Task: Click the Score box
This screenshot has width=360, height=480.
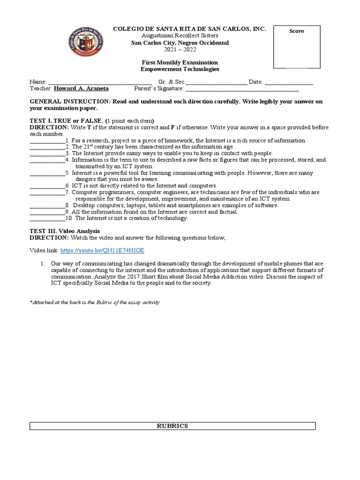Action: point(297,47)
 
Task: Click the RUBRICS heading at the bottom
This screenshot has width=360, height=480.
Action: point(172,426)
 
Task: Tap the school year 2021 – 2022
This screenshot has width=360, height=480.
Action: point(180,49)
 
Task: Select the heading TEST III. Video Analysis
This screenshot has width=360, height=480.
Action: point(65,231)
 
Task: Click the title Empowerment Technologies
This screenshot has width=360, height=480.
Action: point(180,69)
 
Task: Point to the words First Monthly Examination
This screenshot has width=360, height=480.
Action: point(180,62)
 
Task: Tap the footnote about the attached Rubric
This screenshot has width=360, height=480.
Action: point(95,302)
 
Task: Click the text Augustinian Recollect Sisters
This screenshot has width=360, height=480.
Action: point(180,36)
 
